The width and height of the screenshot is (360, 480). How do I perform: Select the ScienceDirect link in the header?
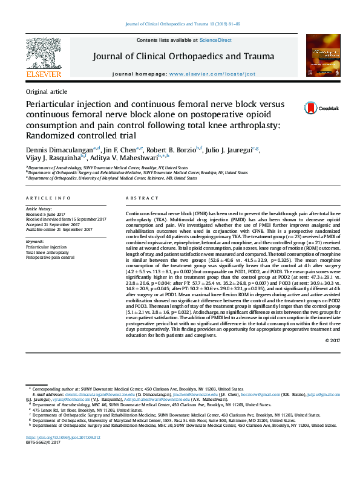point(216,40)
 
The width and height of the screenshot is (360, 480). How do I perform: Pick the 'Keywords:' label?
point(35,241)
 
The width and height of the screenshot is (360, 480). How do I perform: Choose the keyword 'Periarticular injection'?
point(46,247)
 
